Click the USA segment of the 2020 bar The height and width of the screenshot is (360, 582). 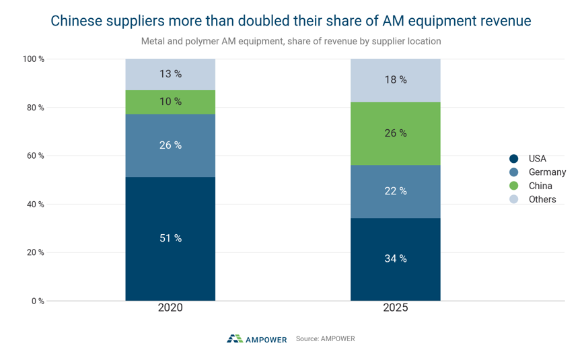pos(170,239)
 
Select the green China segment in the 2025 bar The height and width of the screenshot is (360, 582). pos(396,134)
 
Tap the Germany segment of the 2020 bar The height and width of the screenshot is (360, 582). pos(170,145)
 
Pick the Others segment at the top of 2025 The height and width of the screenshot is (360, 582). pos(396,81)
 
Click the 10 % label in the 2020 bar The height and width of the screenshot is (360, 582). pos(170,102)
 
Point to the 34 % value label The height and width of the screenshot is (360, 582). pos(396,258)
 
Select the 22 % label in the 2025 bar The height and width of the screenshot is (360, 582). pos(396,191)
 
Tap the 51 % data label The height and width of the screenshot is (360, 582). pos(170,238)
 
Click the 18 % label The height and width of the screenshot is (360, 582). pos(396,80)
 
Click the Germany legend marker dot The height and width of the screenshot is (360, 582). pos(513,172)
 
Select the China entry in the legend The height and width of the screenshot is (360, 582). pos(531,186)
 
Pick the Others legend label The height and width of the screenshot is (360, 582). pos(542,199)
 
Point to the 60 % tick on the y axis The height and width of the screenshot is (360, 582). pos(35,156)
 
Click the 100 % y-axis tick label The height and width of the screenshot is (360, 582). pos(34,59)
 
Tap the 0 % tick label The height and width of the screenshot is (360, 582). pos(38,301)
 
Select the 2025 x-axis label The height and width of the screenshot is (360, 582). pos(396,308)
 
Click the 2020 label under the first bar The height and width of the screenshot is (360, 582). pos(170,308)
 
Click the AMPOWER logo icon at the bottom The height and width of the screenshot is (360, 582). pos(235,338)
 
